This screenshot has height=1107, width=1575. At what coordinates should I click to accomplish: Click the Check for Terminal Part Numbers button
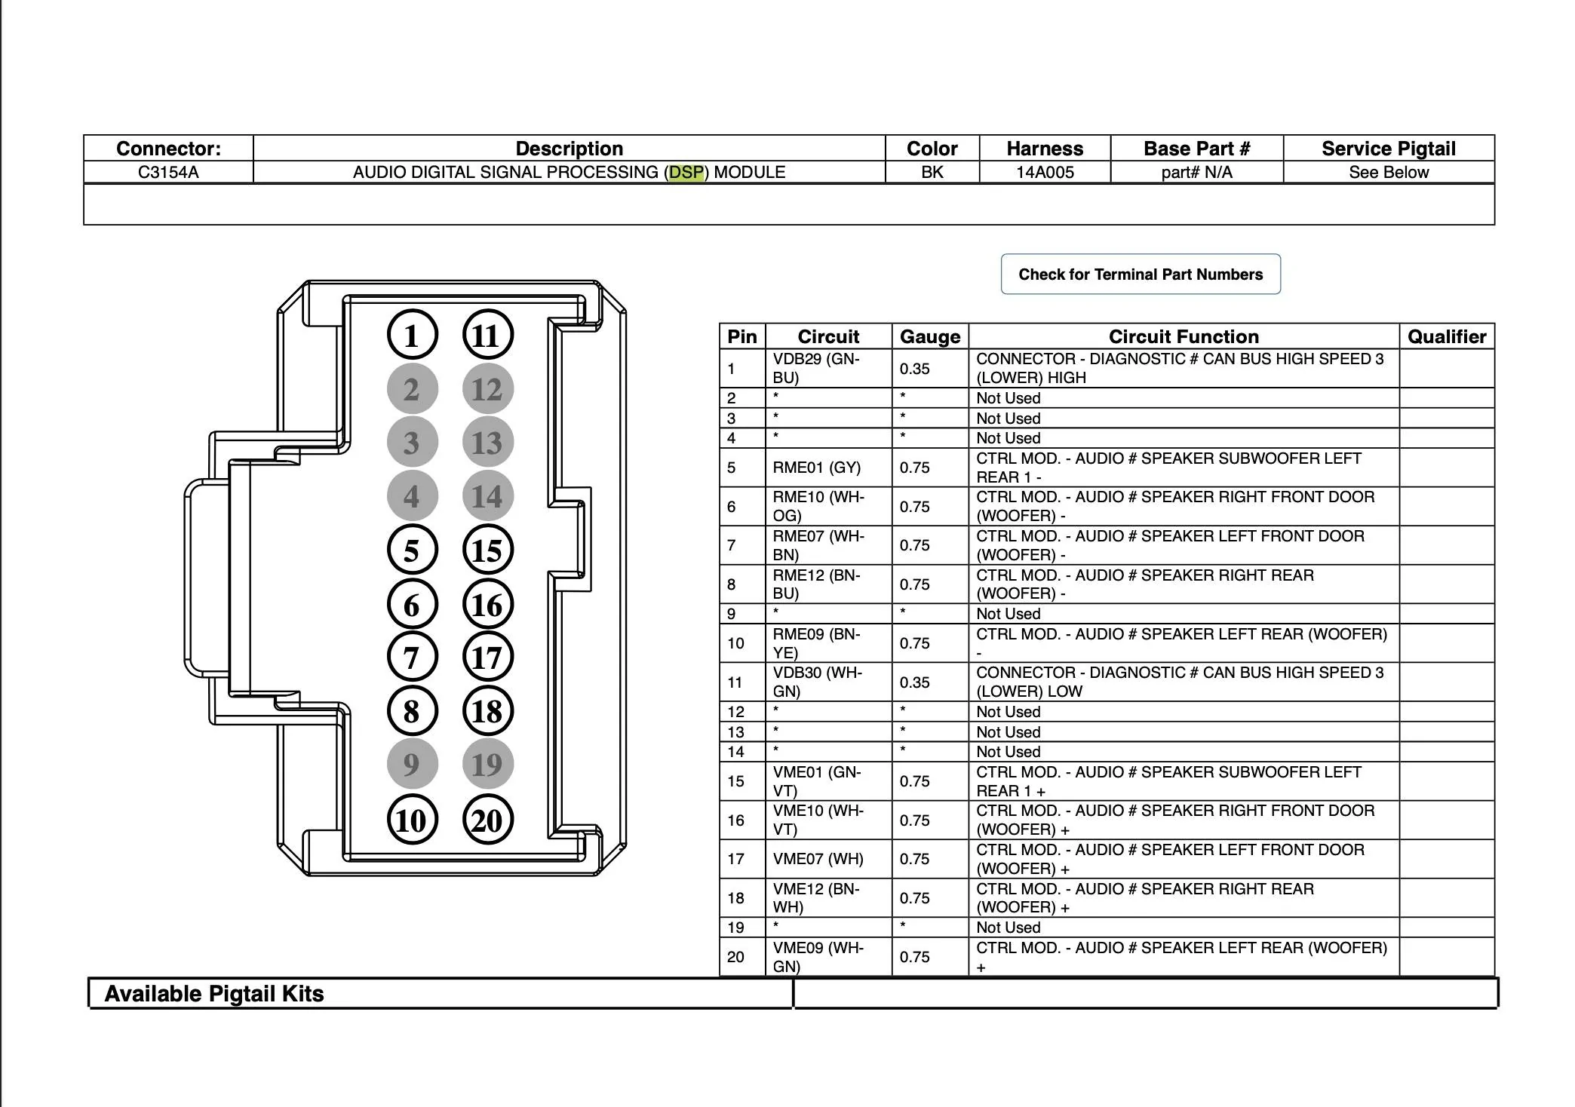coord(1141,274)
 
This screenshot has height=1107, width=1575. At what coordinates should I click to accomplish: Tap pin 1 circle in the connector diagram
coord(412,335)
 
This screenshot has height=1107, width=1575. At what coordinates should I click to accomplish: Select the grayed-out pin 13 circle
coord(487,442)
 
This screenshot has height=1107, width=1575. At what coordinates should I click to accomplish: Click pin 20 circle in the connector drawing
coord(487,820)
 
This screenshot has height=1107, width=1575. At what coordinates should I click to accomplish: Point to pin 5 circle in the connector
coord(412,550)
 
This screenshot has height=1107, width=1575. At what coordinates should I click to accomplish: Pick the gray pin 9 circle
coord(412,764)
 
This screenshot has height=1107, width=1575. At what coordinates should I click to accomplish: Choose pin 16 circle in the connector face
coord(487,604)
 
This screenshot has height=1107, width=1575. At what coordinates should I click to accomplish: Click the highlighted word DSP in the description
coord(686,172)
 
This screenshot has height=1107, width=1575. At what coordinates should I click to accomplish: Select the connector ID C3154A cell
coord(168,172)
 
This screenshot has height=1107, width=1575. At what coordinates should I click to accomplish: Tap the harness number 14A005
coord(1045,172)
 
